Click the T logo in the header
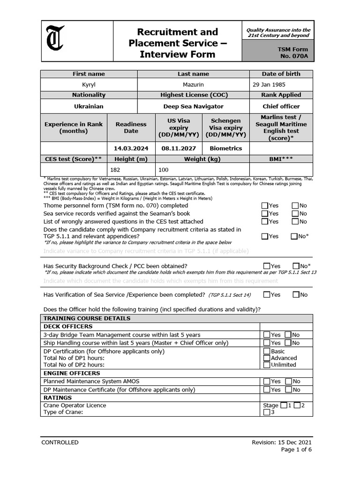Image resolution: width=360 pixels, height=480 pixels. click(x=56, y=41)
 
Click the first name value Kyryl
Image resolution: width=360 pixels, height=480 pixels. click(x=89, y=84)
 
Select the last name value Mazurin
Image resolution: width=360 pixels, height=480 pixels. click(x=193, y=84)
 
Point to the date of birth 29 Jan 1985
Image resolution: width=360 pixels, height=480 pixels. click(x=269, y=84)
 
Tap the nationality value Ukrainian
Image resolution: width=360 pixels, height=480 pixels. click(x=89, y=106)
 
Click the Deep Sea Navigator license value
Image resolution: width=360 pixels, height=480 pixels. click(x=193, y=106)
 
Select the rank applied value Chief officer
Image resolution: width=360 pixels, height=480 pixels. click(x=281, y=106)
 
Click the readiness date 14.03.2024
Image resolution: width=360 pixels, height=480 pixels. click(x=131, y=148)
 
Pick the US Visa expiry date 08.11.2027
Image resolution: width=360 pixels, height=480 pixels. click(x=179, y=148)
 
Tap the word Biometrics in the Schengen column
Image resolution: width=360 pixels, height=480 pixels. click(x=226, y=148)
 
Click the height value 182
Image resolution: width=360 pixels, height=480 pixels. click(x=115, y=169)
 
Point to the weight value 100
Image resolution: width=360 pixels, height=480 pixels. click(x=164, y=169)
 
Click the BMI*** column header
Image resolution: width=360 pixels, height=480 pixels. click(x=281, y=159)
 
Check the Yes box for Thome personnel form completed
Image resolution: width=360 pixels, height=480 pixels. click(x=265, y=205)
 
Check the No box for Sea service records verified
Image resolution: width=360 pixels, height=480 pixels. click(x=295, y=213)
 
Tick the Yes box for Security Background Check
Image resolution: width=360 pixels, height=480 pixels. click(x=267, y=266)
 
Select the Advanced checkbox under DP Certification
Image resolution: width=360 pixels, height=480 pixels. click(x=267, y=358)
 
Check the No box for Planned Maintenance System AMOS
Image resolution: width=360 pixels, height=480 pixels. click(x=288, y=382)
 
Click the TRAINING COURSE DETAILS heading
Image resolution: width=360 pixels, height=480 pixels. click(x=87, y=318)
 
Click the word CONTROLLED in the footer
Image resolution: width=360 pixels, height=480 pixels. click(x=60, y=442)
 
